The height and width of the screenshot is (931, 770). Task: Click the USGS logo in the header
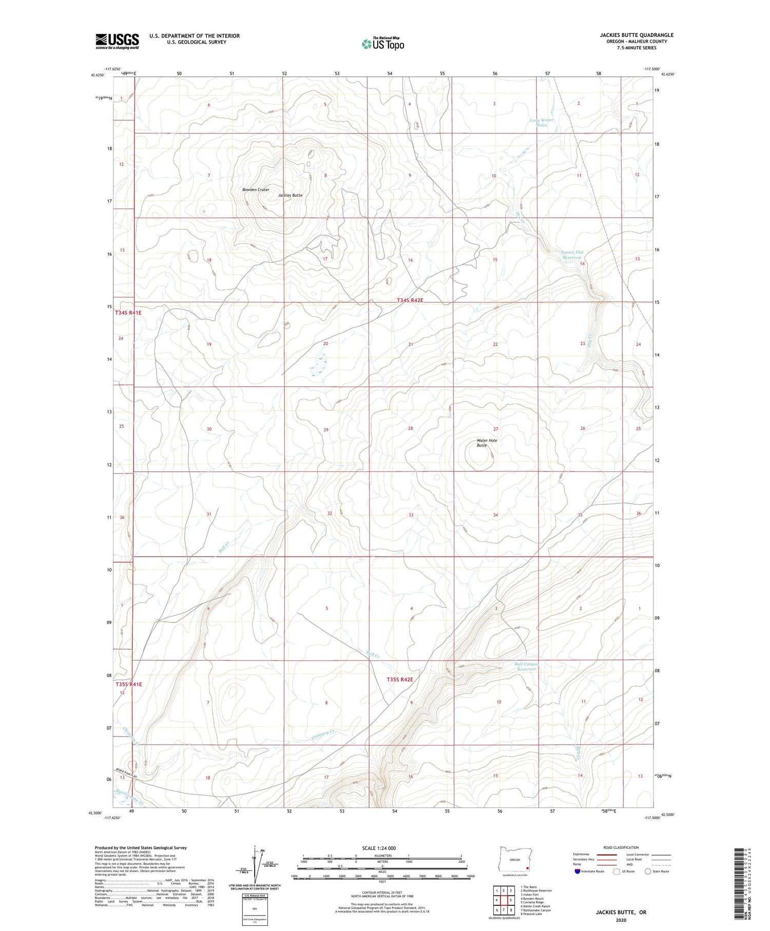[x=117, y=41]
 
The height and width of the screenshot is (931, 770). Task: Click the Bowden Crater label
[x=256, y=190]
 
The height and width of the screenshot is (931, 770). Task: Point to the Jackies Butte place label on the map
[x=290, y=196]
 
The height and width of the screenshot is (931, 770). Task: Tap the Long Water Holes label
[x=542, y=123]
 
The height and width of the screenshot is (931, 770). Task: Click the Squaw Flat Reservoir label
[x=572, y=255]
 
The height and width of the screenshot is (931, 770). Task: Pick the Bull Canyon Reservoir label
[x=526, y=667]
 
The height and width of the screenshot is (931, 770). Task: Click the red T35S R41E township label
[x=128, y=685]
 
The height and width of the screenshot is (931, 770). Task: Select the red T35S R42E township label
[x=399, y=679]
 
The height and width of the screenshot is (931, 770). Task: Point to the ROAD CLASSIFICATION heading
[x=621, y=847]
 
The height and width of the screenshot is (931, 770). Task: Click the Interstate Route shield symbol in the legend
[x=577, y=871]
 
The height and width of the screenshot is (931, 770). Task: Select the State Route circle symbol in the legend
[x=648, y=871]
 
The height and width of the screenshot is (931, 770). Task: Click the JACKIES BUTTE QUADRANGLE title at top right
[x=637, y=35]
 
